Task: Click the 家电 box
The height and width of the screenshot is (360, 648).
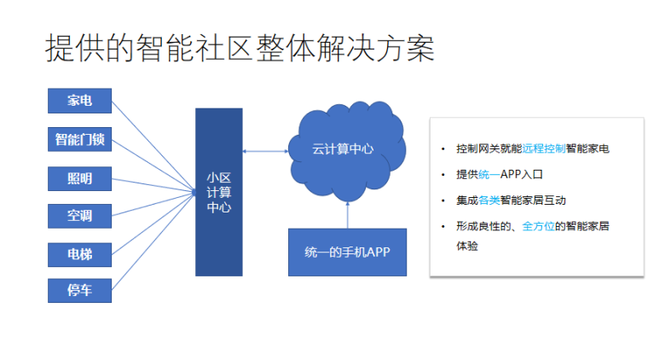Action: click(79, 102)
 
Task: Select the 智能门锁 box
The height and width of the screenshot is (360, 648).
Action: click(79, 139)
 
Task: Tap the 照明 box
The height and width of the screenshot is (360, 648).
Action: click(79, 177)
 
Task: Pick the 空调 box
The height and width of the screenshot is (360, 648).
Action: click(79, 215)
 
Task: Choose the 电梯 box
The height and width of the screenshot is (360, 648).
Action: click(79, 253)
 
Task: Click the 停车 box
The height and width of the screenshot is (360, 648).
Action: click(79, 291)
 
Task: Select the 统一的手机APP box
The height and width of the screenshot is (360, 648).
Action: click(347, 252)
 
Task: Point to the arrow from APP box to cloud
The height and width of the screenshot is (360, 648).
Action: click(347, 213)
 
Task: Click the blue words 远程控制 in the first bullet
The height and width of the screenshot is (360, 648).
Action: click(543, 148)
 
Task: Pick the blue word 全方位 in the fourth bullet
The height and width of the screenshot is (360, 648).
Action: click(539, 226)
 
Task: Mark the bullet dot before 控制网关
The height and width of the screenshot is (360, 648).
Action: click(443, 148)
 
